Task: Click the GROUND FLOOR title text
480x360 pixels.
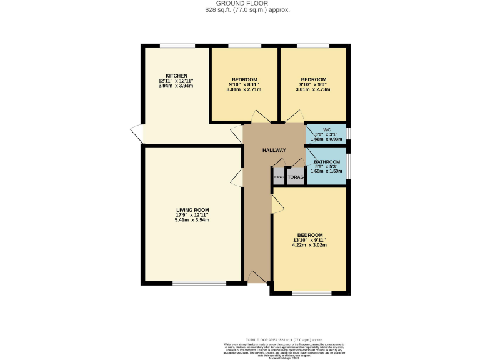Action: pyautogui.click(x=240, y=4)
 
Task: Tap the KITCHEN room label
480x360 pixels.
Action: pyautogui.click(x=176, y=75)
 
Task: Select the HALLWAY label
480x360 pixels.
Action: pyautogui.click(x=274, y=150)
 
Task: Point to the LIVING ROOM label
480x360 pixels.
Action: pyautogui.click(x=192, y=210)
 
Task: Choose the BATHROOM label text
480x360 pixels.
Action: pyautogui.click(x=327, y=162)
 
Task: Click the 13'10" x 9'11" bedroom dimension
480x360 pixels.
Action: pyautogui.click(x=310, y=240)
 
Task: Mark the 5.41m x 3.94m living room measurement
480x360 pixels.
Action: pyautogui.click(x=192, y=220)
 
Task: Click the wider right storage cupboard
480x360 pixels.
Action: pyautogui.click(x=295, y=177)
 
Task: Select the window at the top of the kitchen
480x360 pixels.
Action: pyautogui.click(x=177, y=46)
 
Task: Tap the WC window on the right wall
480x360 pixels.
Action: pyautogui.click(x=349, y=133)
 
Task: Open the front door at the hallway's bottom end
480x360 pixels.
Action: pyautogui.click(x=256, y=278)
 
